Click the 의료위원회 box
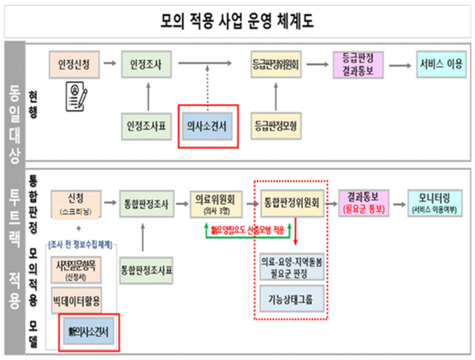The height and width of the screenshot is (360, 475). pos(218,203)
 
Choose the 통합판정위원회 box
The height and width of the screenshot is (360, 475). pos(292,203)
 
